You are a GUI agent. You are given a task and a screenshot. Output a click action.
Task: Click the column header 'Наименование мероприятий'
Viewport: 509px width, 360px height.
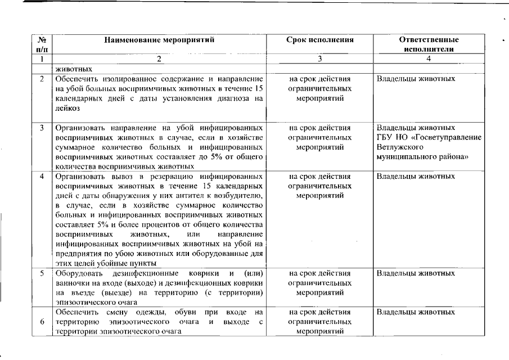(159, 40)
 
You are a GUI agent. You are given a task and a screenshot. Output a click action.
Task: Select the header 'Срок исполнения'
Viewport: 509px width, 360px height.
(320, 40)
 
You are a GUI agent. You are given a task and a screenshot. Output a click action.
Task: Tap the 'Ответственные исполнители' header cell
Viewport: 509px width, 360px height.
(429, 44)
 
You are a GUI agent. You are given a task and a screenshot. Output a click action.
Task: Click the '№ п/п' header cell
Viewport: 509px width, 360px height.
(42, 44)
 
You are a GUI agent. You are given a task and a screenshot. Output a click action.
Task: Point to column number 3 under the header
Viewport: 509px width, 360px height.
(320, 59)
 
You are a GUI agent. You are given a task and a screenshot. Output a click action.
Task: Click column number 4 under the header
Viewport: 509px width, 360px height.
(429, 59)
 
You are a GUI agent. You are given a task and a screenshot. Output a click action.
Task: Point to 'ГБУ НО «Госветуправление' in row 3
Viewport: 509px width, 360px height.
(429, 137)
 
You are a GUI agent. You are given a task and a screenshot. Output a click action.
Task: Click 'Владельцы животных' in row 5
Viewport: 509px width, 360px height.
(416, 273)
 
